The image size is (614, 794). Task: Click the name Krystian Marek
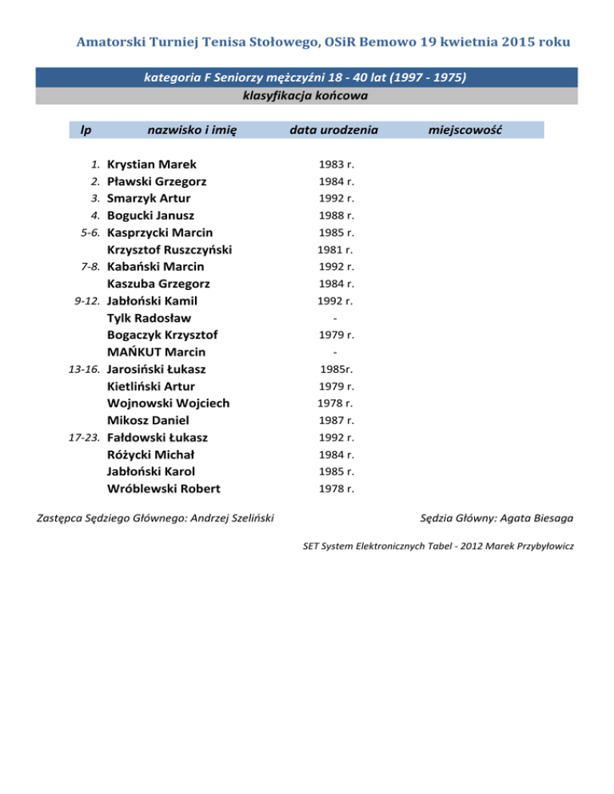(151, 165)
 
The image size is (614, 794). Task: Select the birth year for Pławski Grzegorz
(336, 181)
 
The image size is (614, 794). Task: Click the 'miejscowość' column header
(464, 129)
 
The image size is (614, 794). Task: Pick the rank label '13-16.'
(83, 369)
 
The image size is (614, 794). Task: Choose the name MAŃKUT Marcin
(156, 352)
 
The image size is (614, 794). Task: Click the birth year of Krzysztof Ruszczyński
(336, 250)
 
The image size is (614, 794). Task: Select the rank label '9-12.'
(86, 301)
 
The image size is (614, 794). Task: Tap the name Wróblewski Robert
(164, 488)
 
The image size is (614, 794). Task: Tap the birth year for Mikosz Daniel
(336, 420)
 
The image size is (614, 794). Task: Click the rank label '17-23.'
(83, 438)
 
